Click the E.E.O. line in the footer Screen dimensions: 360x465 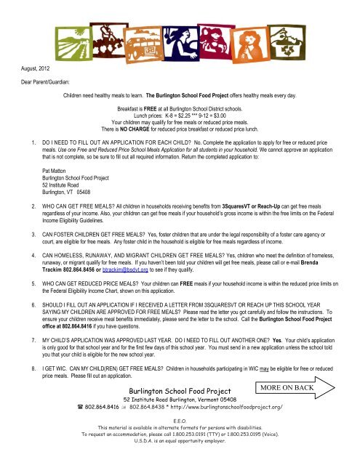click(180, 440)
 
